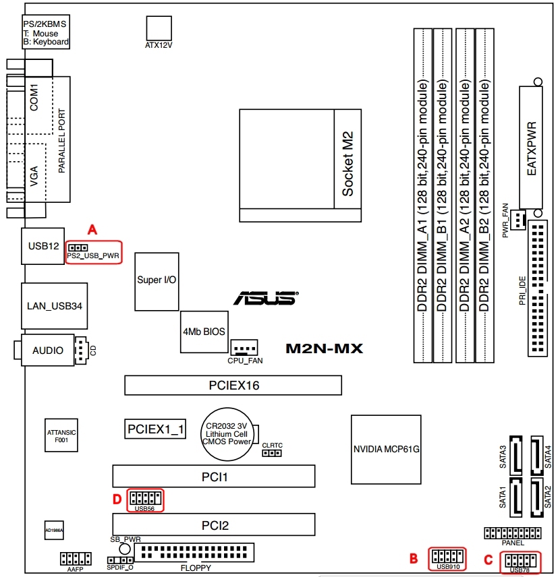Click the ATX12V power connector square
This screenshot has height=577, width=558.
click(x=159, y=28)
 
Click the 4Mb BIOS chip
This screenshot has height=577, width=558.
click(x=203, y=332)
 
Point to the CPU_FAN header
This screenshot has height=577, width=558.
click(x=245, y=348)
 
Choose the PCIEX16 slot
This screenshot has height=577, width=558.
click(x=233, y=386)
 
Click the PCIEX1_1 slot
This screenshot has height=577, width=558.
click(x=156, y=429)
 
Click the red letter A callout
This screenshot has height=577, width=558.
click(x=93, y=229)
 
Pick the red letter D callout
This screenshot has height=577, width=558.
click(x=117, y=499)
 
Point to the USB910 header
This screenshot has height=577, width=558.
click(x=447, y=557)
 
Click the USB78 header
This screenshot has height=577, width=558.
click(x=519, y=560)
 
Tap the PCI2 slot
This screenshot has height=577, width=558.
click(x=213, y=524)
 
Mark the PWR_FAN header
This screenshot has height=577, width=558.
click(x=518, y=220)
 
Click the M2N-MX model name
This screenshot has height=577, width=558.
click(x=325, y=348)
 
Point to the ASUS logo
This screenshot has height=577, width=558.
click(x=265, y=298)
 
